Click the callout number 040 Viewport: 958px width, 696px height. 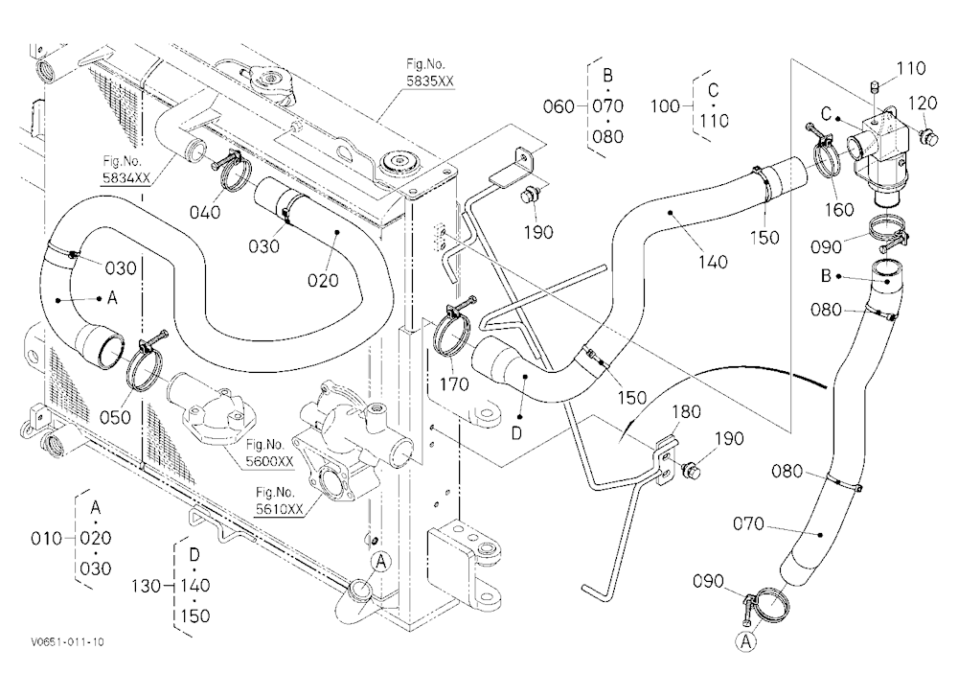(205, 213)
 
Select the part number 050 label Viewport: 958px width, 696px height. (116, 418)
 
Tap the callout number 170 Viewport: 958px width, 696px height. (454, 384)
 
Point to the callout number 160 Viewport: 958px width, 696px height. (839, 210)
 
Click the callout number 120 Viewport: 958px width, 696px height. (923, 103)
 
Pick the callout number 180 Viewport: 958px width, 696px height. (686, 412)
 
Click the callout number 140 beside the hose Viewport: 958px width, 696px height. (713, 262)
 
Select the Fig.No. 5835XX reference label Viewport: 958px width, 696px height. (430, 72)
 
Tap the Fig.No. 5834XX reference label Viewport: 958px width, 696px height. (126, 170)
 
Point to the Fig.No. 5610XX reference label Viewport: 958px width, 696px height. (279, 500)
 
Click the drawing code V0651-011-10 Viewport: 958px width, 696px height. (68, 641)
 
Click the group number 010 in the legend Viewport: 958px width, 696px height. (46, 538)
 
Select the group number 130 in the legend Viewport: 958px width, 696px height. (146, 586)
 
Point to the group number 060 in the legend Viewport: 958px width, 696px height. (559, 106)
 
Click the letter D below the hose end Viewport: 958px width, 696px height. (517, 433)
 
